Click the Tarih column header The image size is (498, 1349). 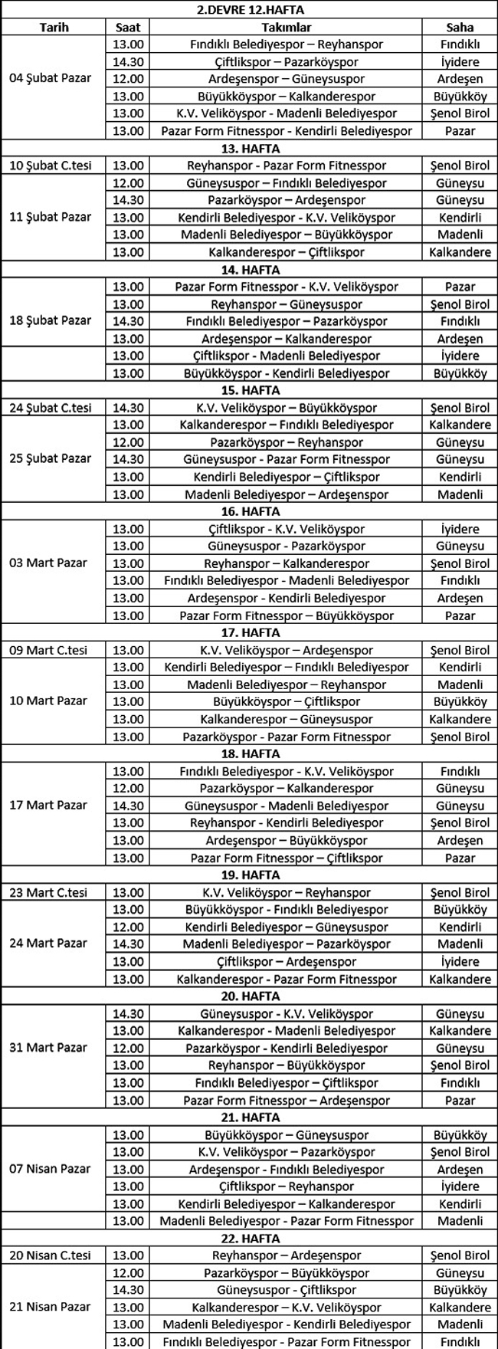point(54,27)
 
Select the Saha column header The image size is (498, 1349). point(460,27)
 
